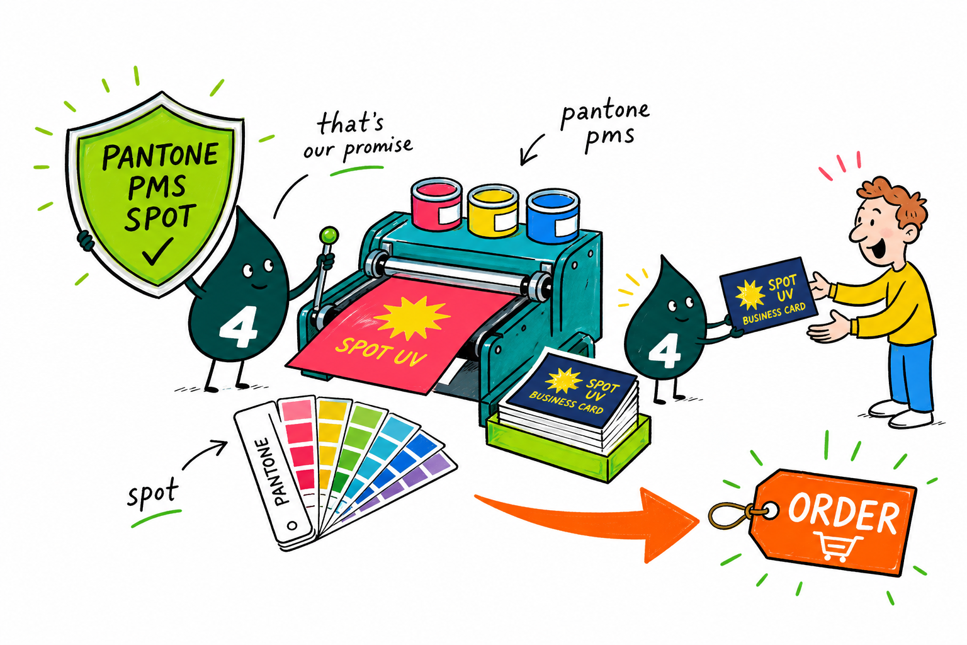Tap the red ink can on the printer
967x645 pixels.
437,204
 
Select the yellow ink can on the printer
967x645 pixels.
492,210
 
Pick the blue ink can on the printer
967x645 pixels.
553,215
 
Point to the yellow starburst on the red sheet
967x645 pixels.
411,317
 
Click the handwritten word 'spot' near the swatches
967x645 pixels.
152,494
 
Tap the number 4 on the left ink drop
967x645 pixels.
238,327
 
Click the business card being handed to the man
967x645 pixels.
769,295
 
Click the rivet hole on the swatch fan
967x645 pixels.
292,525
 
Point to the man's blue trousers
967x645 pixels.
910,375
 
